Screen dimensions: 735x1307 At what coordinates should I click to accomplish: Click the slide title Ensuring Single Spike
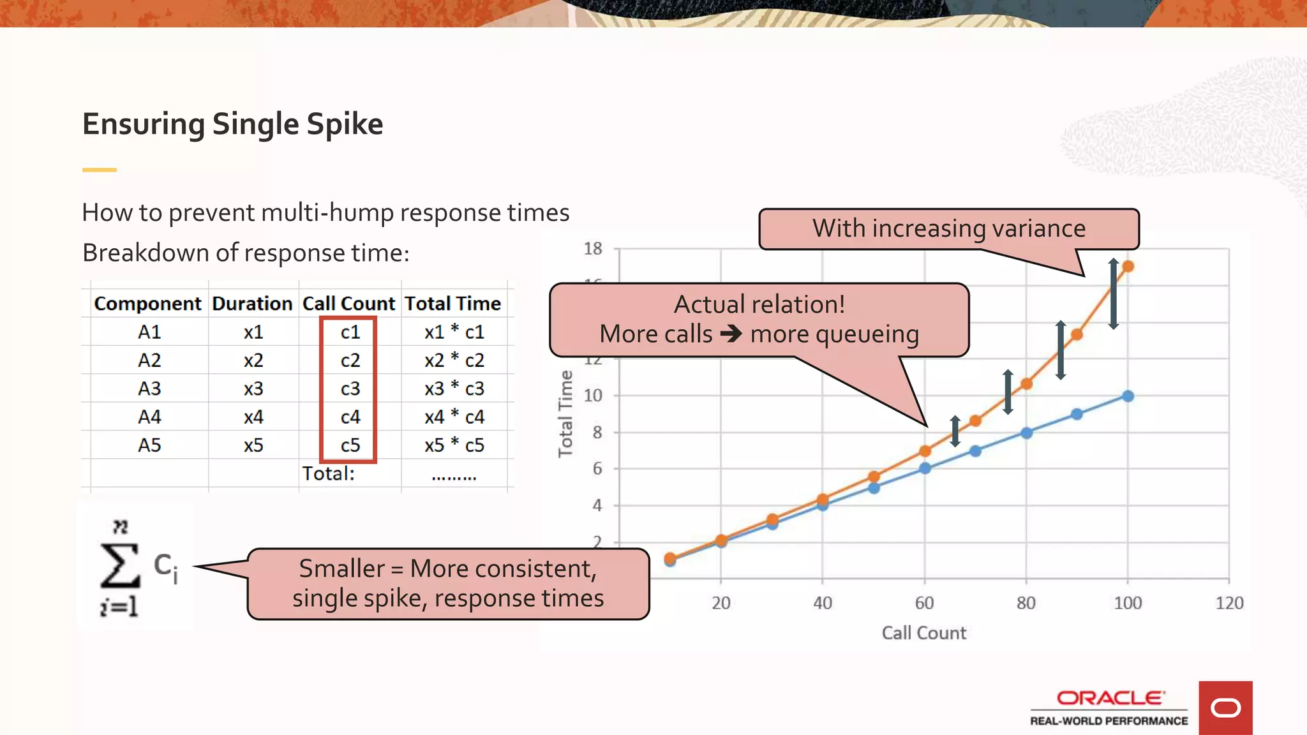coord(232,124)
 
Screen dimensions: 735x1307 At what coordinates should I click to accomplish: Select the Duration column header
coord(252,304)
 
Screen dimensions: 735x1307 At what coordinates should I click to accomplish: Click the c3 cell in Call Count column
coord(350,389)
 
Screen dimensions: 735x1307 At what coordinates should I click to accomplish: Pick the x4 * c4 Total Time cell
coord(454,417)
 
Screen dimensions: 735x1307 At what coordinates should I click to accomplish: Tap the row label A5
coord(149,445)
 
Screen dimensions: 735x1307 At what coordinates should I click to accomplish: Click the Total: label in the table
coord(328,473)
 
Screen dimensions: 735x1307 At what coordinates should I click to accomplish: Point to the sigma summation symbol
coord(120,565)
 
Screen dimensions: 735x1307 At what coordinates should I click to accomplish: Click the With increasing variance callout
coord(948,228)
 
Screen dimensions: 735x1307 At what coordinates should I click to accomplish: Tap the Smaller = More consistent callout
coord(448,583)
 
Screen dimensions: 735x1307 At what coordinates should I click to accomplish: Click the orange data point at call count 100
coord(1128,267)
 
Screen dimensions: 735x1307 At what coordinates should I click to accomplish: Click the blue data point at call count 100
coord(1128,396)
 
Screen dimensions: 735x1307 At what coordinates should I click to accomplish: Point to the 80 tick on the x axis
coord(1026,603)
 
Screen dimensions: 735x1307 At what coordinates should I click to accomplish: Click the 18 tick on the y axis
coord(593,249)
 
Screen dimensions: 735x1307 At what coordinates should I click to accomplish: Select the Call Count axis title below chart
coord(923,633)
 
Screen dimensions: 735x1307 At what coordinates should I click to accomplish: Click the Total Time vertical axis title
coord(565,413)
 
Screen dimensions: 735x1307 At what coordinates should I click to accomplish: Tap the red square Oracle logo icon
coord(1225,708)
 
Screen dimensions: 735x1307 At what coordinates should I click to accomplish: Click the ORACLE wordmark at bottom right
coord(1110,698)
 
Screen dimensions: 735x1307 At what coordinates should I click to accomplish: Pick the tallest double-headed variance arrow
coord(1113,294)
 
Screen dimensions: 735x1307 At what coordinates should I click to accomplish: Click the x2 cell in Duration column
coord(253,360)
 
